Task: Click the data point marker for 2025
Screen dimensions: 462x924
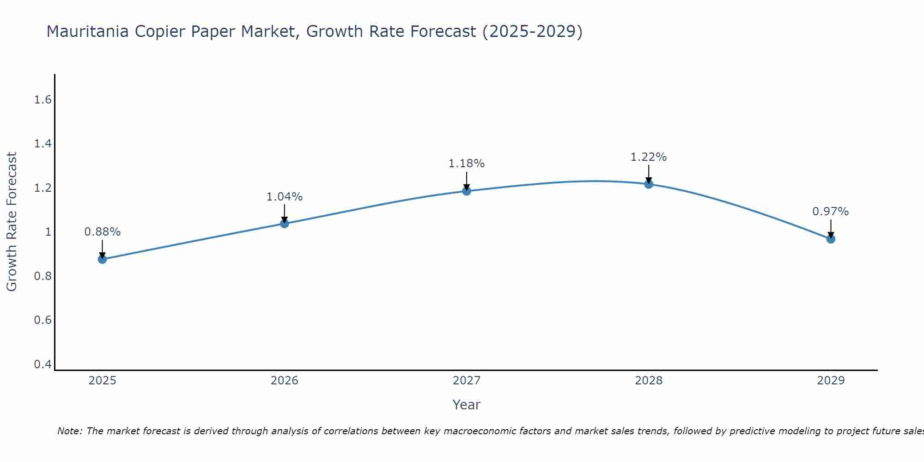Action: [x=102, y=259]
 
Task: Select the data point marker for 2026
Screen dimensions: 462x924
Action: [x=285, y=224]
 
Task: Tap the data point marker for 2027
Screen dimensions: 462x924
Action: [x=467, y=191]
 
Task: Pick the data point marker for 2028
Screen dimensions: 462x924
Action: [x=649, y=184]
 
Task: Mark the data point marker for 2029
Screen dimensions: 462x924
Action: [x=831, y=239]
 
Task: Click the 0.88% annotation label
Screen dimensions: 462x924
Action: [x=102, y=232]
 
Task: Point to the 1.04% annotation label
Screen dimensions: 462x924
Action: [x=285, y=197]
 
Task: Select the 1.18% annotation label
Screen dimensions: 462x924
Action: [x=467, y=164]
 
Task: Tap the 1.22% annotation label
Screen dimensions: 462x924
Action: [x=649, y=157]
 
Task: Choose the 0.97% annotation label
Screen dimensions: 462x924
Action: [x=831, y=212]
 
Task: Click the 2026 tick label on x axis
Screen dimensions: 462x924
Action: [x=285, y=381]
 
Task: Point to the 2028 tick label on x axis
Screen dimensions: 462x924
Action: [x=649, y=381]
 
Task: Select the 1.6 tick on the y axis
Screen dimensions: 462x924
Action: [x=43, y=100]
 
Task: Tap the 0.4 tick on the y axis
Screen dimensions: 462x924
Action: [x=43, y=365]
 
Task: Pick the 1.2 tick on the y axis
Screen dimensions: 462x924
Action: [x=43, y=188]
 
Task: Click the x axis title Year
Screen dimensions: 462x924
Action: [x=467, y=405]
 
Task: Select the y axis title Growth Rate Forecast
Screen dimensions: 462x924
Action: [x=12, y=222]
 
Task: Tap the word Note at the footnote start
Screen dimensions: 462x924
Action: [x=69, y=431]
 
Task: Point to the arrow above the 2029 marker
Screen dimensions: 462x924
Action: [x=831, y=228]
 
